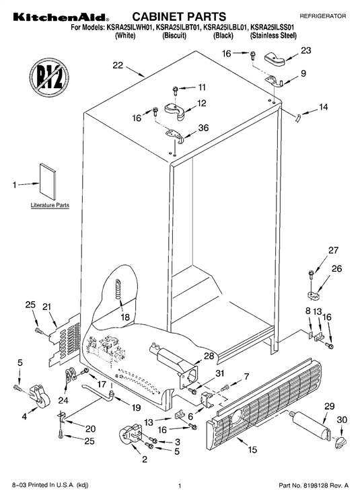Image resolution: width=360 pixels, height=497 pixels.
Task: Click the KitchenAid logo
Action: (x=61, y=17)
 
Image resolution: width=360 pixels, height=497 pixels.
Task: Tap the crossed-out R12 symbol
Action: (x=49, y=77)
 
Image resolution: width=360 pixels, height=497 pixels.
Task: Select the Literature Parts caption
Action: (x=50, y=205)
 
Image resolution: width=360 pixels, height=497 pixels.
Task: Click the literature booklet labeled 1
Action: (x=48, y=182)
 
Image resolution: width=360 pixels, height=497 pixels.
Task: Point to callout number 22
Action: (x=118, y=65)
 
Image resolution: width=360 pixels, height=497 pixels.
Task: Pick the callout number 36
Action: (x=203, y=127)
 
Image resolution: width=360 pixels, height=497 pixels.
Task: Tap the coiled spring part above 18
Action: (x=118, y=289)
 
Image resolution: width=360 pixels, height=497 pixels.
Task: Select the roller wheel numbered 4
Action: (x=40, y=395)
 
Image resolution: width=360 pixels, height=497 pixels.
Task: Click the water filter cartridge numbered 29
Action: (x=310, y=425)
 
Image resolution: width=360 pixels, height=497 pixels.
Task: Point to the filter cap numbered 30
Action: (x=340, y=442)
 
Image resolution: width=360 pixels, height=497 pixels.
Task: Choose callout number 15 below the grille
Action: (x=252, y=449)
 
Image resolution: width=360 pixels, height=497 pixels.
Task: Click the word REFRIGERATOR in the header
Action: (x=323, y=16)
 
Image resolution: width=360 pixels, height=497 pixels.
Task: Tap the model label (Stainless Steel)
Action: (x=273, y=36)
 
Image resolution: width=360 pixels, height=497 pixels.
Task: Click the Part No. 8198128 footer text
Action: (x=314, y=486)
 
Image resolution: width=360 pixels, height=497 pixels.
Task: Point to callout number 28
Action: (x=209, y=356)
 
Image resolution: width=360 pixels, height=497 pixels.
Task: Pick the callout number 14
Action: (x=323, y=107)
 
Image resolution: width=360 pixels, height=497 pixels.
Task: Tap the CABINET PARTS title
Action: (x=179, y=17)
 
